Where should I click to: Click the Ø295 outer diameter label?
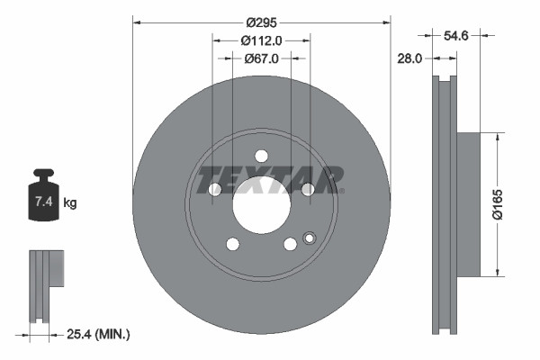tap(262, 23)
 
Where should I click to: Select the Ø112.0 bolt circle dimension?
tap(262, 40)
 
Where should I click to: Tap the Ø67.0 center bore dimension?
tap(262, 58)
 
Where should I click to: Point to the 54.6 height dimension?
tap(457, 35)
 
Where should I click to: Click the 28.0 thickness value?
tap(409, 58)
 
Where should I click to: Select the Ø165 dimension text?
tap(508, 205)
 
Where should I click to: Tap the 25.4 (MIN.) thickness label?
tap(98, 335)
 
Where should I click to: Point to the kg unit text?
tap(71, 203)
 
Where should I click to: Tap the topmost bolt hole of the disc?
tap(261, 155)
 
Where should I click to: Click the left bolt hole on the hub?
tap(214, 189)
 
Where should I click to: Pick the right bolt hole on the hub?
tap(308, 189)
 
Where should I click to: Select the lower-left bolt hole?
tap(232, 244)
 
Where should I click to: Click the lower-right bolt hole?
tap(290, 244)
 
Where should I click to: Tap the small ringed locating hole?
tap(310, 238)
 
